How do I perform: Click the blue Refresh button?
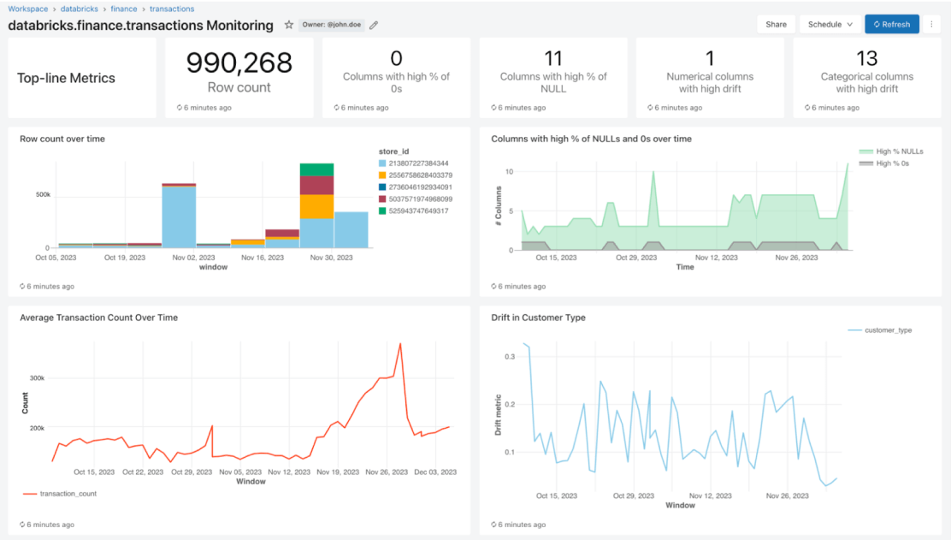(891, 24)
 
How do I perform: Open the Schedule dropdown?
(830, 24)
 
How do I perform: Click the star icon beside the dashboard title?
(289, 25)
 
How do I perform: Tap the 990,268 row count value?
(239, 62)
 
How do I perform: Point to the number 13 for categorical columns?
(866, 58)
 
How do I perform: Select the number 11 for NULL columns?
(553, 58)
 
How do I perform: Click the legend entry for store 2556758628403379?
(420, 175)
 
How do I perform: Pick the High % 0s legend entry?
(891, 163)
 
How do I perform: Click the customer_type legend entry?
(888, 329)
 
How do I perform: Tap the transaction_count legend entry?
(68, 494)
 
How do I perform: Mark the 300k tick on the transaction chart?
(37, 377)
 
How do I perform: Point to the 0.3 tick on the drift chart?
(509, 356)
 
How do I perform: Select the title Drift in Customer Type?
(539, 317)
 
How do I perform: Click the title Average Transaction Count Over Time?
(98, 317)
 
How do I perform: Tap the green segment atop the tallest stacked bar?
(316, 169)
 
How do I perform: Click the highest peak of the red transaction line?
(400, 344)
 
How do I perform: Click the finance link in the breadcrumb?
(123, 9)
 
